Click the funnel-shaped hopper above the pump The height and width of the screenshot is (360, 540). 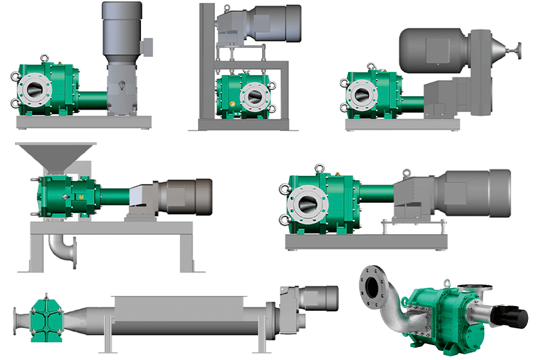point(56,155)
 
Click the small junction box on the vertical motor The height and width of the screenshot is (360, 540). point(147,46)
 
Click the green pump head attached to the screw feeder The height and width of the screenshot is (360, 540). point(46,313)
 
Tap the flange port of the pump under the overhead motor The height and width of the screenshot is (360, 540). point(253,95)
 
